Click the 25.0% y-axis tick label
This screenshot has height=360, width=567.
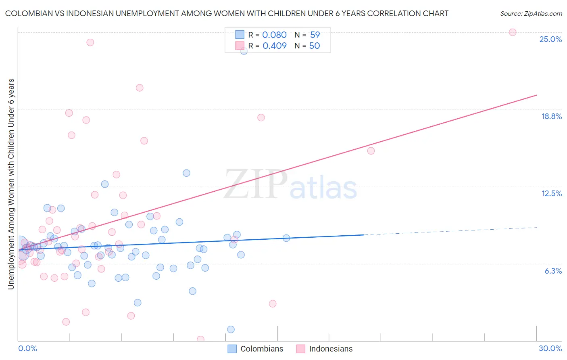[550, 39]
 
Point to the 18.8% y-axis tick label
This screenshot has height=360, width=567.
[551, 116]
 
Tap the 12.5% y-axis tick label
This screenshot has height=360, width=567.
[551, 193]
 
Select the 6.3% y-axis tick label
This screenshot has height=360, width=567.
[553, 271]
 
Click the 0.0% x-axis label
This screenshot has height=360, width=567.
[27, 348]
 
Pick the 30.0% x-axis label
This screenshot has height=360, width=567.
[550, 348]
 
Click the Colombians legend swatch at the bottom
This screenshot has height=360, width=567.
[232, 349]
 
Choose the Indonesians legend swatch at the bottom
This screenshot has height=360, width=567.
[301, 349]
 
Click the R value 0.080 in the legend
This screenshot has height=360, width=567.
[274, 35]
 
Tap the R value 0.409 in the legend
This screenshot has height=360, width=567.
[274, 46]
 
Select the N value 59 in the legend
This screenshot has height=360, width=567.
[315, 35]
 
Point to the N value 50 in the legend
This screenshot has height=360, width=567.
[315, 46]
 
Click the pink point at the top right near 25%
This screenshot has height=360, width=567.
[513, 32]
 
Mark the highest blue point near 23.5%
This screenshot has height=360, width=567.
[244, 51]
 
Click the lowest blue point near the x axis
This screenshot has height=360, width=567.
[231, 329]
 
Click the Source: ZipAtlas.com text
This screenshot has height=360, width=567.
[531, 13]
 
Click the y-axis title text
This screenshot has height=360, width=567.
[11, 184]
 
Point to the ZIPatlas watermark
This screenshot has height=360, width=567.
[290, 185]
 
